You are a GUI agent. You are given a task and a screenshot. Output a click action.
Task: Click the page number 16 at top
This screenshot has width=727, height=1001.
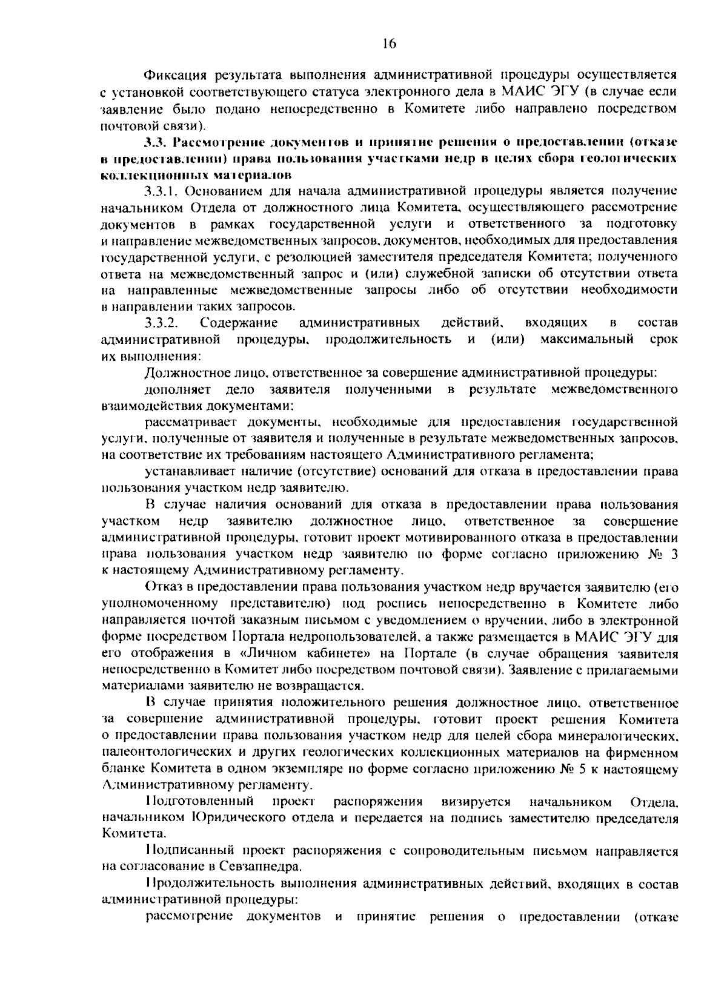tap(388, 42)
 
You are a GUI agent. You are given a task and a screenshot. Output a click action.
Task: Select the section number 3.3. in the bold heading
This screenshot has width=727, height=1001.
tap(156, 142)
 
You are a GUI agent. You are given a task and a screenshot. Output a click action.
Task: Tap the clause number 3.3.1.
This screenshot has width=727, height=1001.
tap(162, 192)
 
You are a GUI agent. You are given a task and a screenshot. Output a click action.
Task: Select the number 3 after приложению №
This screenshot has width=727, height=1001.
tap(674, 553)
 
